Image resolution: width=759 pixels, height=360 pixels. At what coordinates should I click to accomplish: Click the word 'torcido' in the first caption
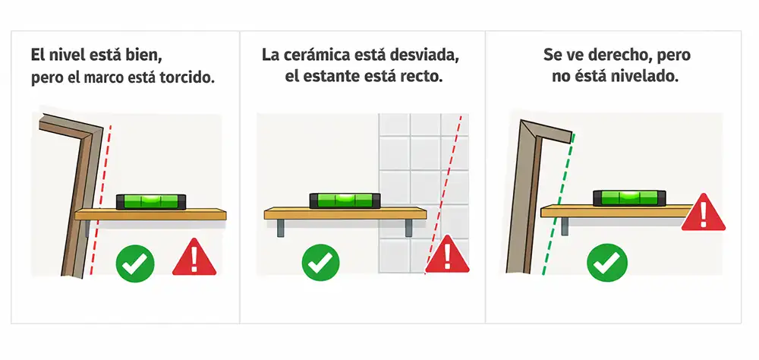pos(187,78)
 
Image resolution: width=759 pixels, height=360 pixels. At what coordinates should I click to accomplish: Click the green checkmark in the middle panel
pos(320,262)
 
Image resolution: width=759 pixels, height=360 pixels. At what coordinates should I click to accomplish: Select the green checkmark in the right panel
pos(607,263)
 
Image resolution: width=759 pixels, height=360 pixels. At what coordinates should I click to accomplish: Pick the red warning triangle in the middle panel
pos(447,256)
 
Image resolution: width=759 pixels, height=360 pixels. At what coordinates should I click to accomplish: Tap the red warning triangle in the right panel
pos(704,214)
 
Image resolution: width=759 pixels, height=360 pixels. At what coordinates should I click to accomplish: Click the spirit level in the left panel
pos(151,201)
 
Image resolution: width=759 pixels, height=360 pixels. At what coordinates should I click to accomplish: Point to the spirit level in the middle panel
pos(345,200)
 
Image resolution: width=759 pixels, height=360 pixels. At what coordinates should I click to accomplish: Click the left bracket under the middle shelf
pos(281,228)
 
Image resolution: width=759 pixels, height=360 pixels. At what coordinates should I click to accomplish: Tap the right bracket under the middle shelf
pos(409,228)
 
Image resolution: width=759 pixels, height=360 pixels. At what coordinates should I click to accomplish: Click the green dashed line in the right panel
pos(559,204)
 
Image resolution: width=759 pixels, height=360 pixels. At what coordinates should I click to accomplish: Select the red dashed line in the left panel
pos(100,201)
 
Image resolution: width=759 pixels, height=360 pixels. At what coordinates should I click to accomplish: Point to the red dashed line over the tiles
pos(443,194)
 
